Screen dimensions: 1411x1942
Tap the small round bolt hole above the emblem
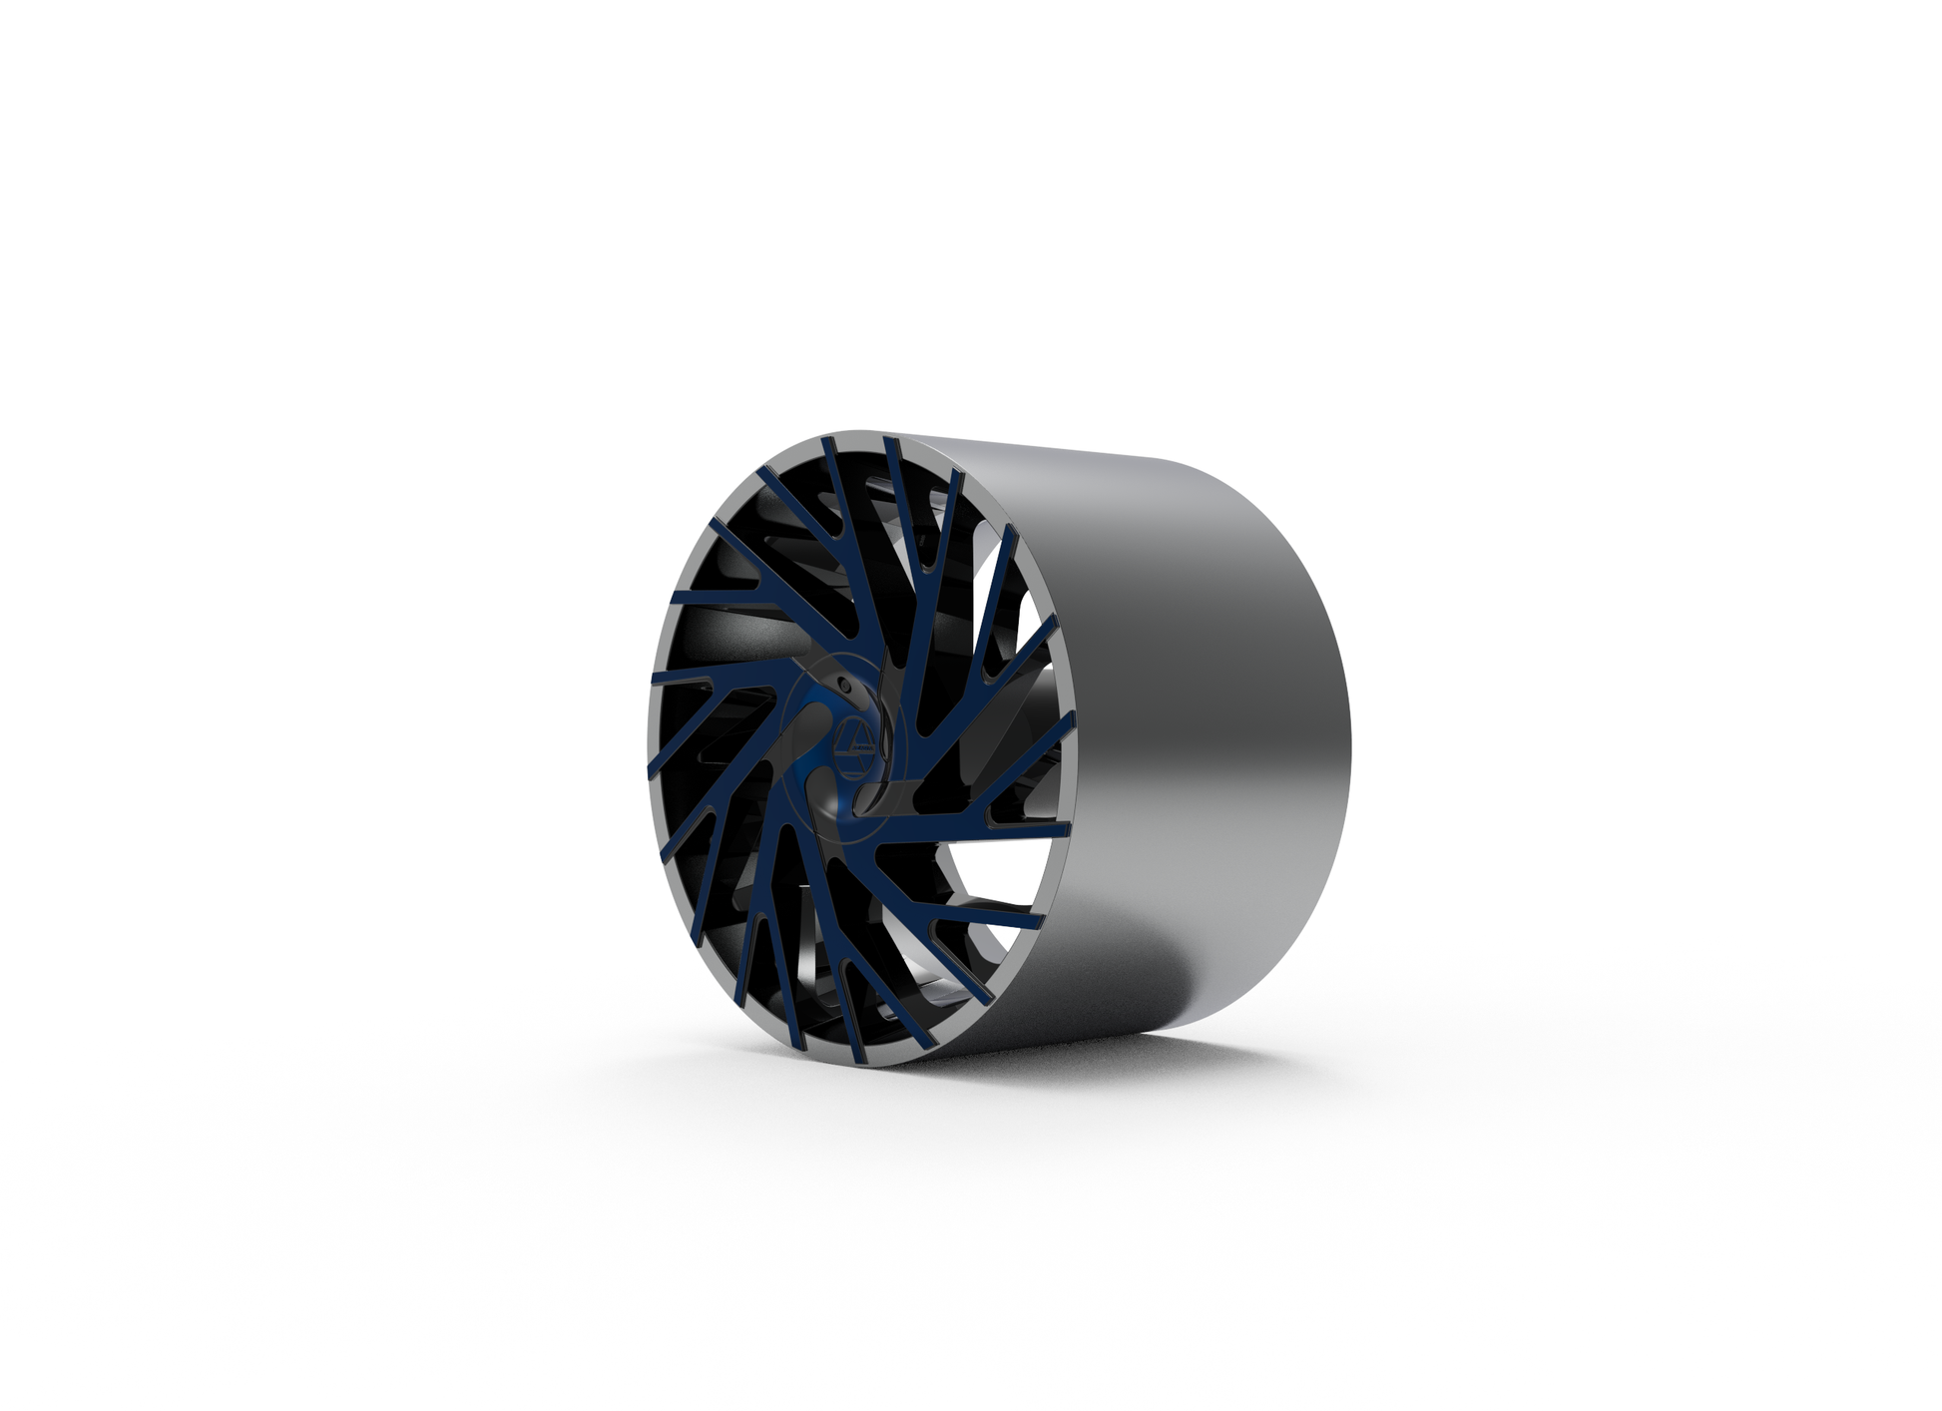[843, 686]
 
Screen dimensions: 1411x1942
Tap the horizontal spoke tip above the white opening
[1067, 827]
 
